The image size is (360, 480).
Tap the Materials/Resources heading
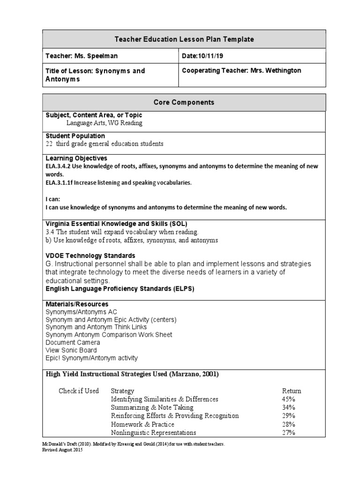[77, 304]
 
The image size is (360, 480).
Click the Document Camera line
[73, 342]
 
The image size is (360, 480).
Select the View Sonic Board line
[71, 350]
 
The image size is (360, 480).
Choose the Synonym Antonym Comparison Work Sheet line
[109, 335]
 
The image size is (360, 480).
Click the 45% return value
[288, 399]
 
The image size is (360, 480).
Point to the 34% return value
[288, 408]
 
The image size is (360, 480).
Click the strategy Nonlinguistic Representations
[153, 433]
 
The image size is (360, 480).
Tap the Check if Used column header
[79, 391]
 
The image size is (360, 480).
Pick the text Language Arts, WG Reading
[104, 123]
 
